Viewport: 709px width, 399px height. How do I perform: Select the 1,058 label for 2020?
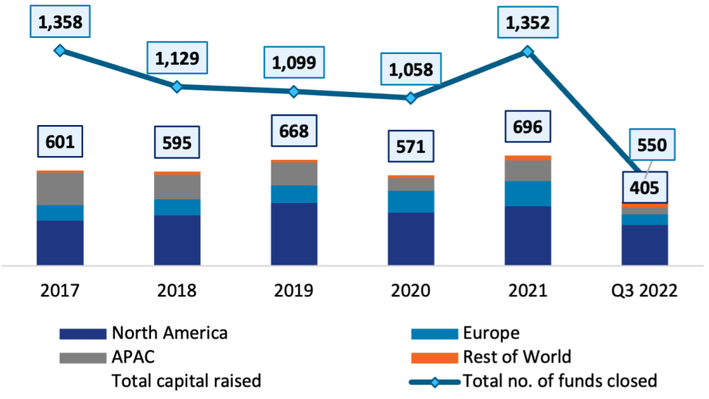click(411, 71)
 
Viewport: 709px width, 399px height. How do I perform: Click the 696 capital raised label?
click(528, 127)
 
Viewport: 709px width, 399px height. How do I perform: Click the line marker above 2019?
click(294, 91)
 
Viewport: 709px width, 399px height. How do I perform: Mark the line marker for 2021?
click(528, 51)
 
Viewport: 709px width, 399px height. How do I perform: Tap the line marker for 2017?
click(59, 50)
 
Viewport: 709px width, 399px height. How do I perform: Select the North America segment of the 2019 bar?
click(294, 234)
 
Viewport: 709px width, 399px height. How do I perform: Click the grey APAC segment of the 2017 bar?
click(60, 188)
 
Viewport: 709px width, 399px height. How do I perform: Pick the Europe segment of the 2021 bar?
click(528, 194)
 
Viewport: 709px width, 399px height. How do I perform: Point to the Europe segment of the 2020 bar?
click(411, 201)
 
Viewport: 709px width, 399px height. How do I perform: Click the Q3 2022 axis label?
click(644, 291)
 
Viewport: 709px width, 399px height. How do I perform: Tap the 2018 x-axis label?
click(176, 291)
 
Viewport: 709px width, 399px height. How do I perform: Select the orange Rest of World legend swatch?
click(435, 357)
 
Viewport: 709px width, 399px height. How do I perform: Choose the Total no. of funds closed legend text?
click(559, 380)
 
